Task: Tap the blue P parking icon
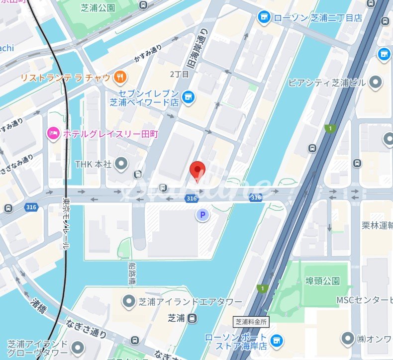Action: click(x=202, y=215)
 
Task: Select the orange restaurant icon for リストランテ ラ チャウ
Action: click(x=120, y=77)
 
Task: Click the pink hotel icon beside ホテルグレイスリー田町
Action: click(x=53, y=133)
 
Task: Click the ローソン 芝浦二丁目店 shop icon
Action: click(x=264, y=18)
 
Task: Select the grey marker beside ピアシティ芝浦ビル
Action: click(x=376, y=82)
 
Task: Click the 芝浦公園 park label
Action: click(x=98, y=7)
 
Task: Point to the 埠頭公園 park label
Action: click(x=323, y=281)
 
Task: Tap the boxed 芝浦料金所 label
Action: click(x=252, y=322)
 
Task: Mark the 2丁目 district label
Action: click(x=180, y=74)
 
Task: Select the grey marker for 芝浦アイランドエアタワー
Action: click(x=129, y=301)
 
